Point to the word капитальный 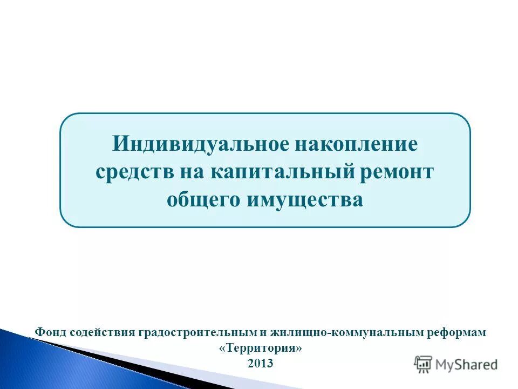[x=283, y=172]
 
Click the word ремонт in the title [x=398, y=172]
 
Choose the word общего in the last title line [x=204, y=200]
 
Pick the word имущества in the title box [x=305, y=200]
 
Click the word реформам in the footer [x=460, y=332]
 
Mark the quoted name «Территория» [x=261, y=348]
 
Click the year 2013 [x=261, y=364]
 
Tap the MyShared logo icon [x=424, y=364]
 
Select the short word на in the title [x=186, y=172]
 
